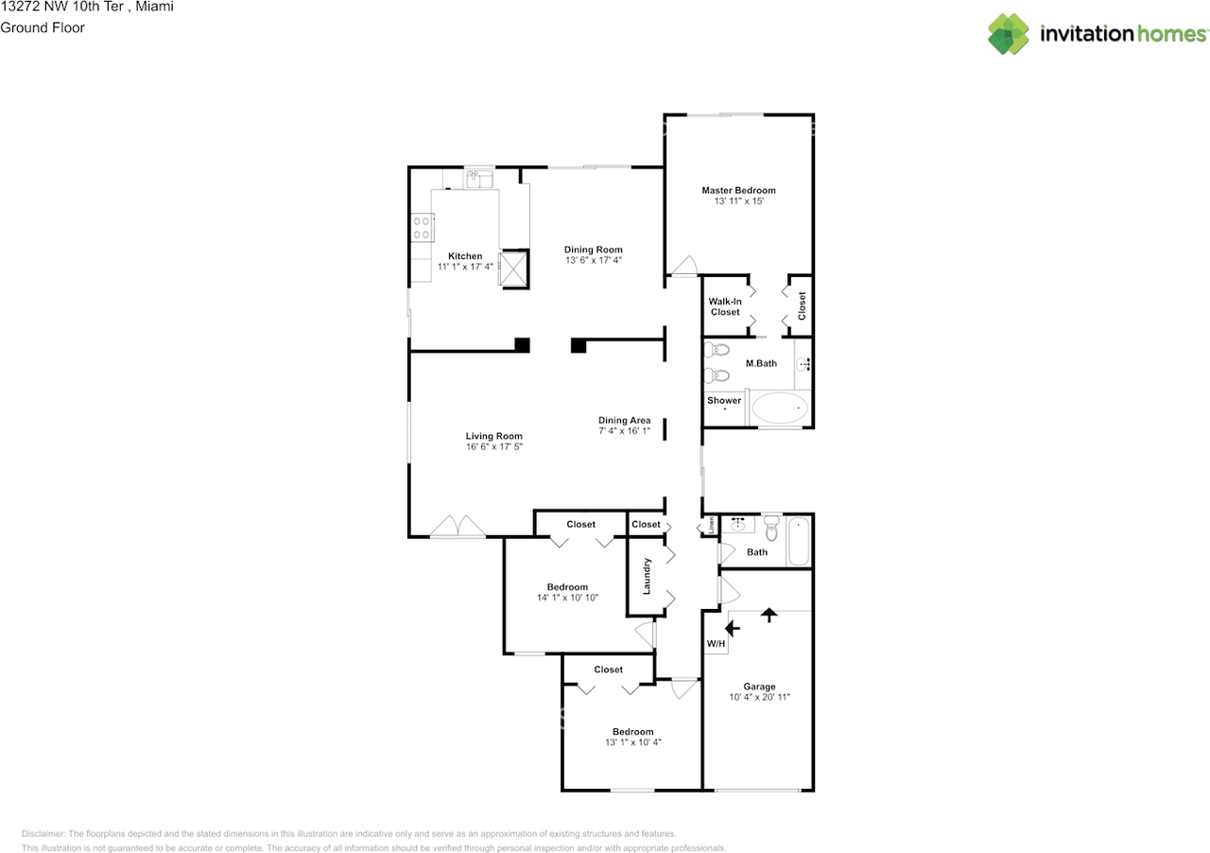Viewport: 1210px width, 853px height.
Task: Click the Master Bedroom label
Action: click(x=738, y=190)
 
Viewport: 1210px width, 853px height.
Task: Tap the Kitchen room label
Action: click(x=465, y=255)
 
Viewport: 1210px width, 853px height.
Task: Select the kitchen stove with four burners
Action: click(x=422, y=228)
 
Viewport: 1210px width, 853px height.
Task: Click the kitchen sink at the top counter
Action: click(x=479, y=179)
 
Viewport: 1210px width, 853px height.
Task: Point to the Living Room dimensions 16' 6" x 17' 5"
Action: click(x=494, y=446)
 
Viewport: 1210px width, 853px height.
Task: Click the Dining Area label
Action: click(x=625, y=420)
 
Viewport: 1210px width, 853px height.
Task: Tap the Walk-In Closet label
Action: click(x=725, y=306)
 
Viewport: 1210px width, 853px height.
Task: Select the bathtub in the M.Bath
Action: click(x=780, y=408)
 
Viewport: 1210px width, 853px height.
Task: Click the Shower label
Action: click(x=724, y=401)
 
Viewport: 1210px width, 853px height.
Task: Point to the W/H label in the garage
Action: click(x=716, y=643)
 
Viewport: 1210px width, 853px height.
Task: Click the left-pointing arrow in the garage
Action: click(x=733, y=628)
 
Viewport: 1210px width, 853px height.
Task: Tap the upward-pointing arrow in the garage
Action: click(x=769, y=615)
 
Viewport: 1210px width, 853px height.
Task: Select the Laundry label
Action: click(x=647, y=576)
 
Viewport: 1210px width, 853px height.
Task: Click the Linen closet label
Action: click(x=712, y=525)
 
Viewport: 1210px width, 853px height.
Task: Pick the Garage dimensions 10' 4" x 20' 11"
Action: click(x=759, y=697)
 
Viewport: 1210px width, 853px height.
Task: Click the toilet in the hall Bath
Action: click(x=772, y=528)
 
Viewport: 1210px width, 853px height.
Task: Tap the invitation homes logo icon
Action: click(x=1009, y=33)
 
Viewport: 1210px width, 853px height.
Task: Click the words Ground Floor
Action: click(x=43, y=27)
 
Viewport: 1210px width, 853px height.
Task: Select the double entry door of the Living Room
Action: click(x=458, y=527)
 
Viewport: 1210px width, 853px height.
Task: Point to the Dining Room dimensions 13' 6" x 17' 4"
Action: click(x=594, y=260)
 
